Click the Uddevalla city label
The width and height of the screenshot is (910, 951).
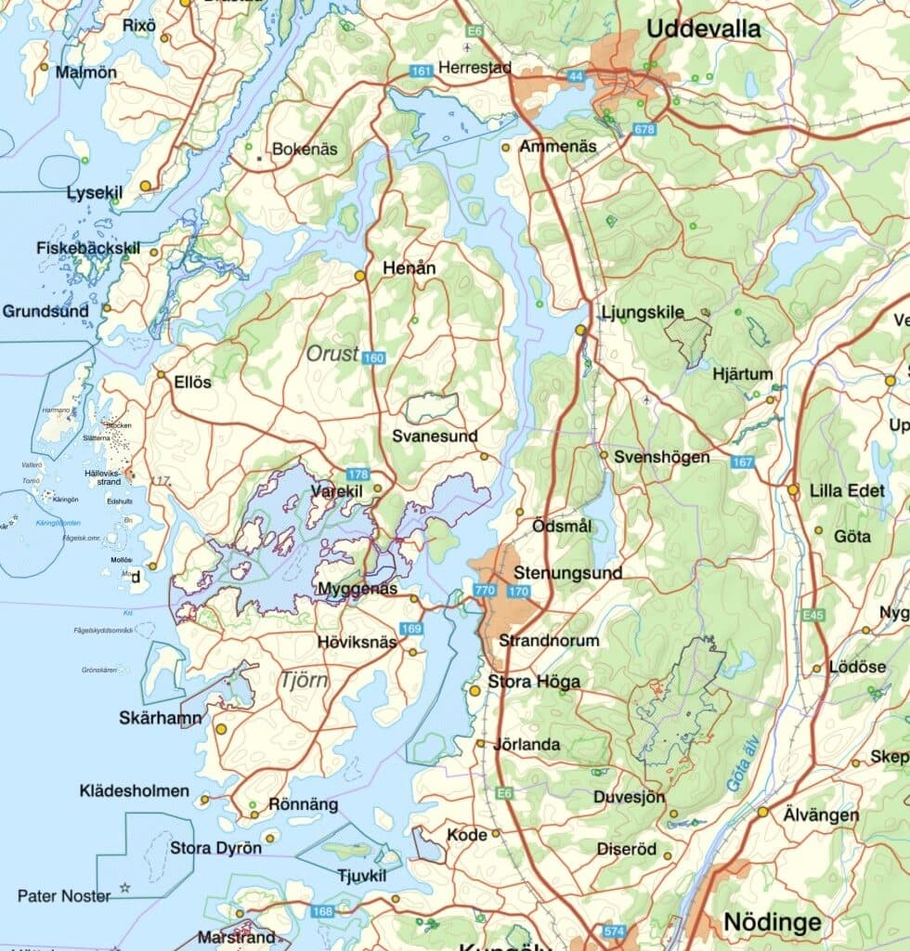(703, 28)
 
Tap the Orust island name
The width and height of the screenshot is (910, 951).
(332, 353)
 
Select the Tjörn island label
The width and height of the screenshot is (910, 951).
(304, 681)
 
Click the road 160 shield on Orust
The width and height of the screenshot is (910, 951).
(373, 358)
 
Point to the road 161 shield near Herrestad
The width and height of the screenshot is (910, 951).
(421, 71)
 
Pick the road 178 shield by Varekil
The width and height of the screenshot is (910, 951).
(357, 474)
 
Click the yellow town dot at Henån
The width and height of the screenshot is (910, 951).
(359, 276)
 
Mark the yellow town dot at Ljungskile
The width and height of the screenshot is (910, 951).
(580, 330)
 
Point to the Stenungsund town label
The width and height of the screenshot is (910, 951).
(567, 573)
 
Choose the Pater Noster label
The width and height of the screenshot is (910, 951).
(64, 896)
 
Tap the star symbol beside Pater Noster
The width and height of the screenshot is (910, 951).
(124, 889)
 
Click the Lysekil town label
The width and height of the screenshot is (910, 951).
(95, 192)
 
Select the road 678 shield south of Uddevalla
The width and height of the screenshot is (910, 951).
(644, 129)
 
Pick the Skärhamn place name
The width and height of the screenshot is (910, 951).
(161, 718)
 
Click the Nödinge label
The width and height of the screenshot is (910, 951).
(772, 922)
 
